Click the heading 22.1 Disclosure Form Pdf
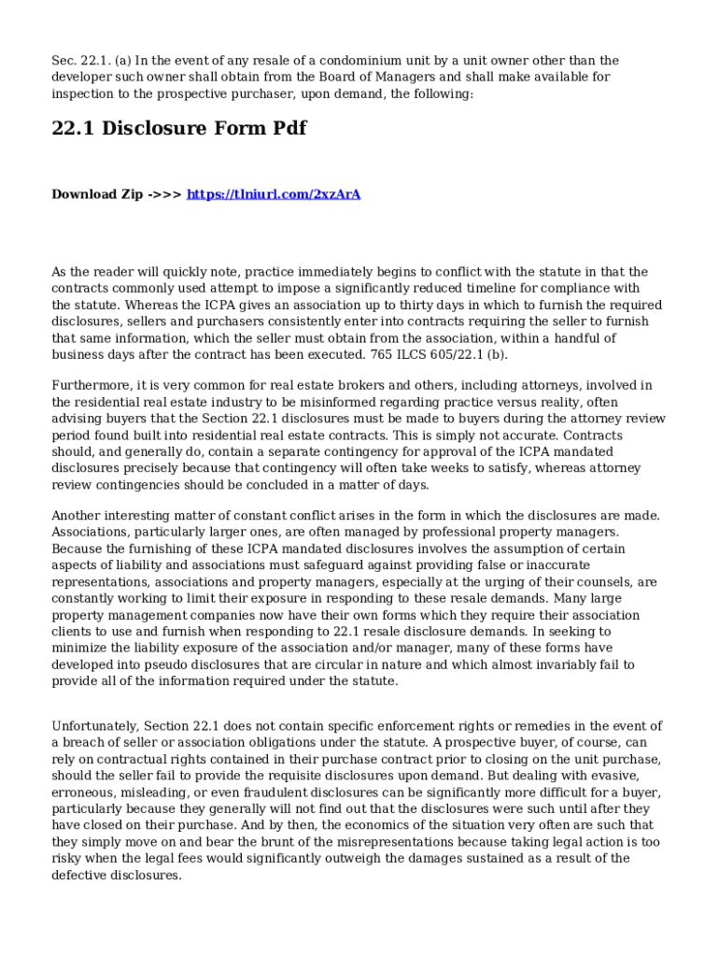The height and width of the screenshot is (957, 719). point(178,128)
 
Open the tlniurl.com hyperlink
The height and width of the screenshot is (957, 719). point(274,194)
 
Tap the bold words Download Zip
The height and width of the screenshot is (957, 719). point(97,194)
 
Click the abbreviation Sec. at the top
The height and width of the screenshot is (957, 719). point(64,61)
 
